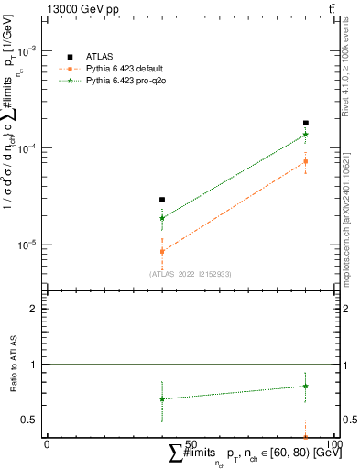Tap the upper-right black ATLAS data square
[x=306, y=123]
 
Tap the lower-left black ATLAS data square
[x=162, y=200]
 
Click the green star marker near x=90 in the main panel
[x=306, y=135]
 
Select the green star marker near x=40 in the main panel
[x=162, y=218]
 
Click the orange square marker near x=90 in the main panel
[x=306, y=161]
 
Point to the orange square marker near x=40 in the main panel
[x=162, y=251]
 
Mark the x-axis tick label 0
[x=47, y=443]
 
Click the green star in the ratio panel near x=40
[x=162, y=398]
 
